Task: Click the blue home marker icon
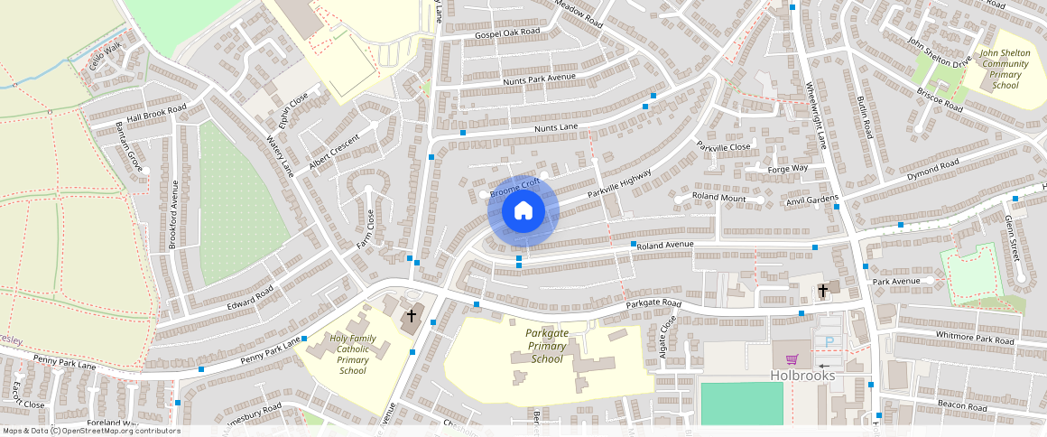pyautogui.click(x=523, y=212)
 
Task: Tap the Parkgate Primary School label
pyautogui.click(x=547, y=346)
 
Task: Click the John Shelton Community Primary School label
pyautogui.click(x=1005, y=70)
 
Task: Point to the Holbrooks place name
pyautogui.click(x=803, y=376)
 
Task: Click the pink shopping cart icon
pyautogui.click(x=792, y=358)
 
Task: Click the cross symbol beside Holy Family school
pyautogui.click(x=412, y=316)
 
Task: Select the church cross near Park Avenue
pyautogui.click(x=823, y=290)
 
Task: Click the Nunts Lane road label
pyautogui.click(x=556, y=128)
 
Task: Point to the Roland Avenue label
pyautogui.click(x=664, y=245)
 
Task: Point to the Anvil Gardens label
pyautogui.click(x=812, y=200)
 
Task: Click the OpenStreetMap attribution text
pyautogui.click(x=90, y=431)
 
